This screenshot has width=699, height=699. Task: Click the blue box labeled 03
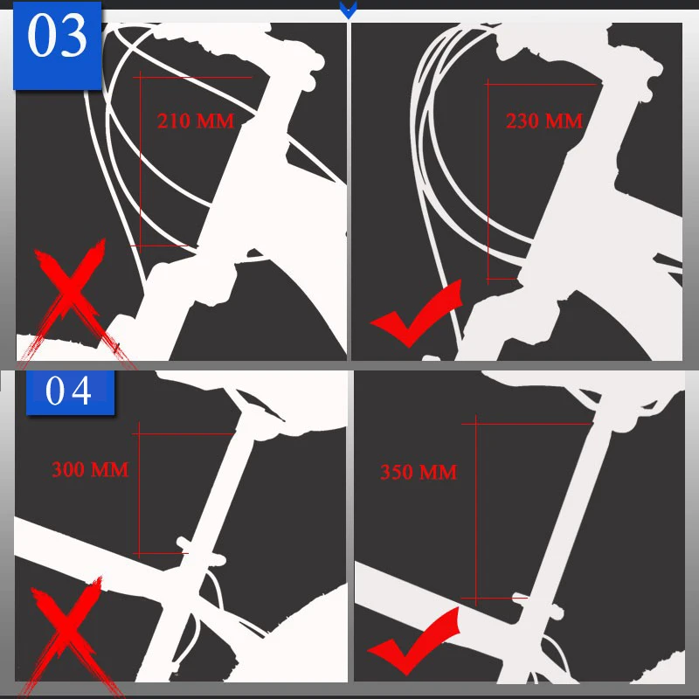tap(58, 45)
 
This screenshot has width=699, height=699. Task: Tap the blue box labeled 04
tap(71, 391)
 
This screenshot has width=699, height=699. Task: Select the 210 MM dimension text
tap(195, 121)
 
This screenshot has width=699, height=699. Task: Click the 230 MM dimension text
tap(544, 121)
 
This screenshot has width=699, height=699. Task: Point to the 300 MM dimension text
tap(90, 469)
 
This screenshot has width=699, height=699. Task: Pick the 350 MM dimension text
tap(419, 472)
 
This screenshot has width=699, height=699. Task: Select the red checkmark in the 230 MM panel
tap(417, 314)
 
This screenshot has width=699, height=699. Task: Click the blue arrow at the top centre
tap(348, 10)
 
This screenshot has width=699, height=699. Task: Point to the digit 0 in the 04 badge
tap(55, 391)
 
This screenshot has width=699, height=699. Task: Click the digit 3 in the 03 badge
tap(73, 35)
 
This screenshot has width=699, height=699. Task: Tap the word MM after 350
tap(439, 472)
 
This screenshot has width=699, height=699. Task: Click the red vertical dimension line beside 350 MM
tap(475, 510)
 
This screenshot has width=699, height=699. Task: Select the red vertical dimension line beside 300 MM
tap(139, 489)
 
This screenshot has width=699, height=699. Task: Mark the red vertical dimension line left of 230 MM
tap(488, 182)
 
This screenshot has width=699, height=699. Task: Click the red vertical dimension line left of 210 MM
tap(141, 162)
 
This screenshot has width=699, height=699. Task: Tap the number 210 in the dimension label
tap(174, 121)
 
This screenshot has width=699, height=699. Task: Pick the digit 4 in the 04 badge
tap(81, 391)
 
